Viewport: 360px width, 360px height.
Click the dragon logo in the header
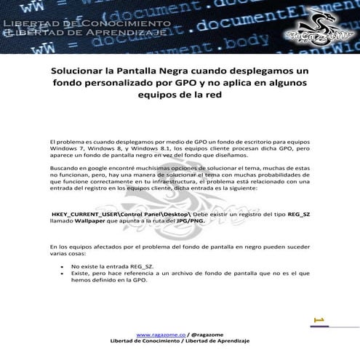tap(317, 27)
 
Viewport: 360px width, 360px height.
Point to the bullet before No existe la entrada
tap(63, 266)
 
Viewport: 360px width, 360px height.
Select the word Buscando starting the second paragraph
tap(63, 167)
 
